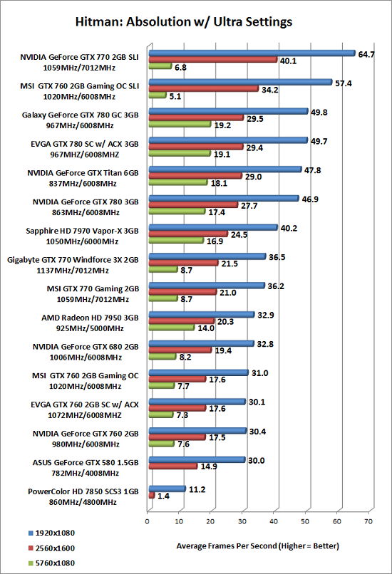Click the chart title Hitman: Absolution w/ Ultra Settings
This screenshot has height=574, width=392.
click(184, 22)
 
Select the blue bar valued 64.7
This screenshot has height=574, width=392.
click(252, 53)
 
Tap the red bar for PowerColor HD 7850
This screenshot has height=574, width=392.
click(152, 495)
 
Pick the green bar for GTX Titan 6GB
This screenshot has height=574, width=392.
click(178, 182)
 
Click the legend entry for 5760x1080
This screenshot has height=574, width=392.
click(51, 563)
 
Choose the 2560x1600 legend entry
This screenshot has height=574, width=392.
click(51, 548)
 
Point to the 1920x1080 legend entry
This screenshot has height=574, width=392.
click(51, 533)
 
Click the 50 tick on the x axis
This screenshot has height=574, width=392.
click(305, 521)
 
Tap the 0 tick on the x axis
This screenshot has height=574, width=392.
click(148, 521)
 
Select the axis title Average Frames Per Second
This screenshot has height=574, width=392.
click(257, 546)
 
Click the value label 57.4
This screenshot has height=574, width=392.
click(344, 83)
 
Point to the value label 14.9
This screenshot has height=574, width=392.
click(209, 466)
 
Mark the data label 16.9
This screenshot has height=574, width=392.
click(215, 241)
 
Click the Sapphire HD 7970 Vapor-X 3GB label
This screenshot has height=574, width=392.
click(82, 231)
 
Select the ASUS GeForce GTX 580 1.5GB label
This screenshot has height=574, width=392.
click(86, 463)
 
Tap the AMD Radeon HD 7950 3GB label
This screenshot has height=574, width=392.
click(90, 318)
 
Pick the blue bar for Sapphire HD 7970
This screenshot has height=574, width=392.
click(213, 227)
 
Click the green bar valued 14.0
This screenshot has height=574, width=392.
click(172, 328)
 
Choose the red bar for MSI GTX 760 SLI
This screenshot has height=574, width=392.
click(204, 89)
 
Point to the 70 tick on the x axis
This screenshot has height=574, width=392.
click(368, 521)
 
